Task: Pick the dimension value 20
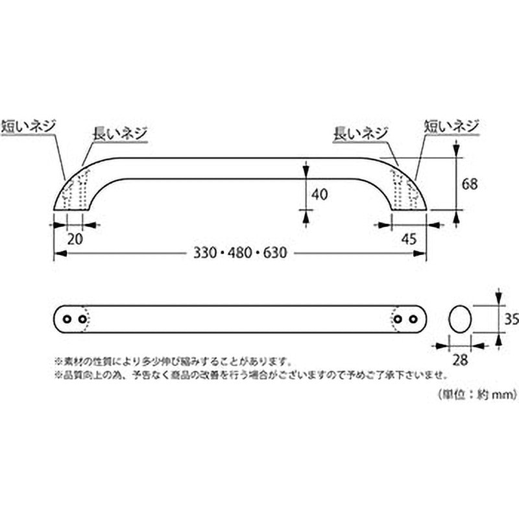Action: point(75,238)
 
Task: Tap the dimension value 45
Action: point(409,238)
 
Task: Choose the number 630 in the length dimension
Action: point(274,253)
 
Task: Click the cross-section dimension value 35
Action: point(512,318)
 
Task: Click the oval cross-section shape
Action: point(460,319)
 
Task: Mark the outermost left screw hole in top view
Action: point(67,319)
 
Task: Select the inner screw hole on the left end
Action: point(82,319)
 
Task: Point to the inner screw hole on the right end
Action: point(398,319)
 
